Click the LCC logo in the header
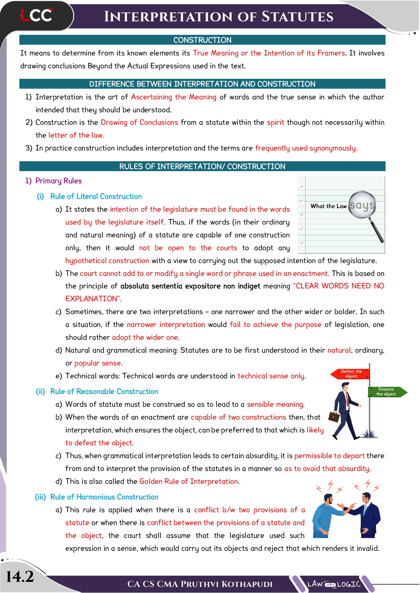tap(37, 15)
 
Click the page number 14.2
tap(20, 576)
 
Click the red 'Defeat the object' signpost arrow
tap(351, 374)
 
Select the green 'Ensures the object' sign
tap(387, 392)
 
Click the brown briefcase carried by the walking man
tap(334, 417)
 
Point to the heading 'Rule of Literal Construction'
tap(96, 196)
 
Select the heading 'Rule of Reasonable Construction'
tap(104, 392)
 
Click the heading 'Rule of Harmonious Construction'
tap(104, 497)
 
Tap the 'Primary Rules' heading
tap(58, 181)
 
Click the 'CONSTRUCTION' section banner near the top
tap(202, 40)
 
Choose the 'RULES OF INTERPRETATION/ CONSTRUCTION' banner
tap(202, 166)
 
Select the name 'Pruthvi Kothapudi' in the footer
tap(226, 584)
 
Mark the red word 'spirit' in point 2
tap(275, 122)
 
